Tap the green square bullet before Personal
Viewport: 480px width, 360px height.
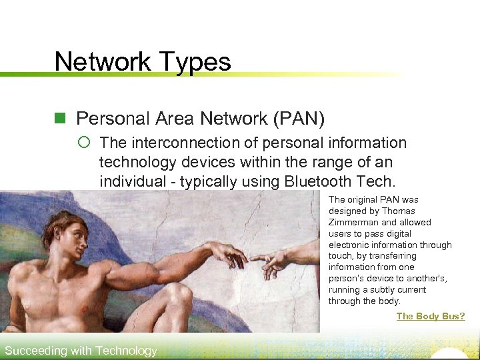click(x=61, y=119)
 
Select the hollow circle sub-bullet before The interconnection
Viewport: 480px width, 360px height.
click(x=85, y=143)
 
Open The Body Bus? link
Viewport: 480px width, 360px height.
click(x=430, y=316)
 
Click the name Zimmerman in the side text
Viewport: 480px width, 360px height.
click(x=353, y=222)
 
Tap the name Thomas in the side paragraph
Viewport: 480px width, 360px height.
click(x=399, y=211)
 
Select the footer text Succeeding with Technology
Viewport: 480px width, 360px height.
click(x=81, y=351)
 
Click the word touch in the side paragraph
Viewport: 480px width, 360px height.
click(x=339, y=256)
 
